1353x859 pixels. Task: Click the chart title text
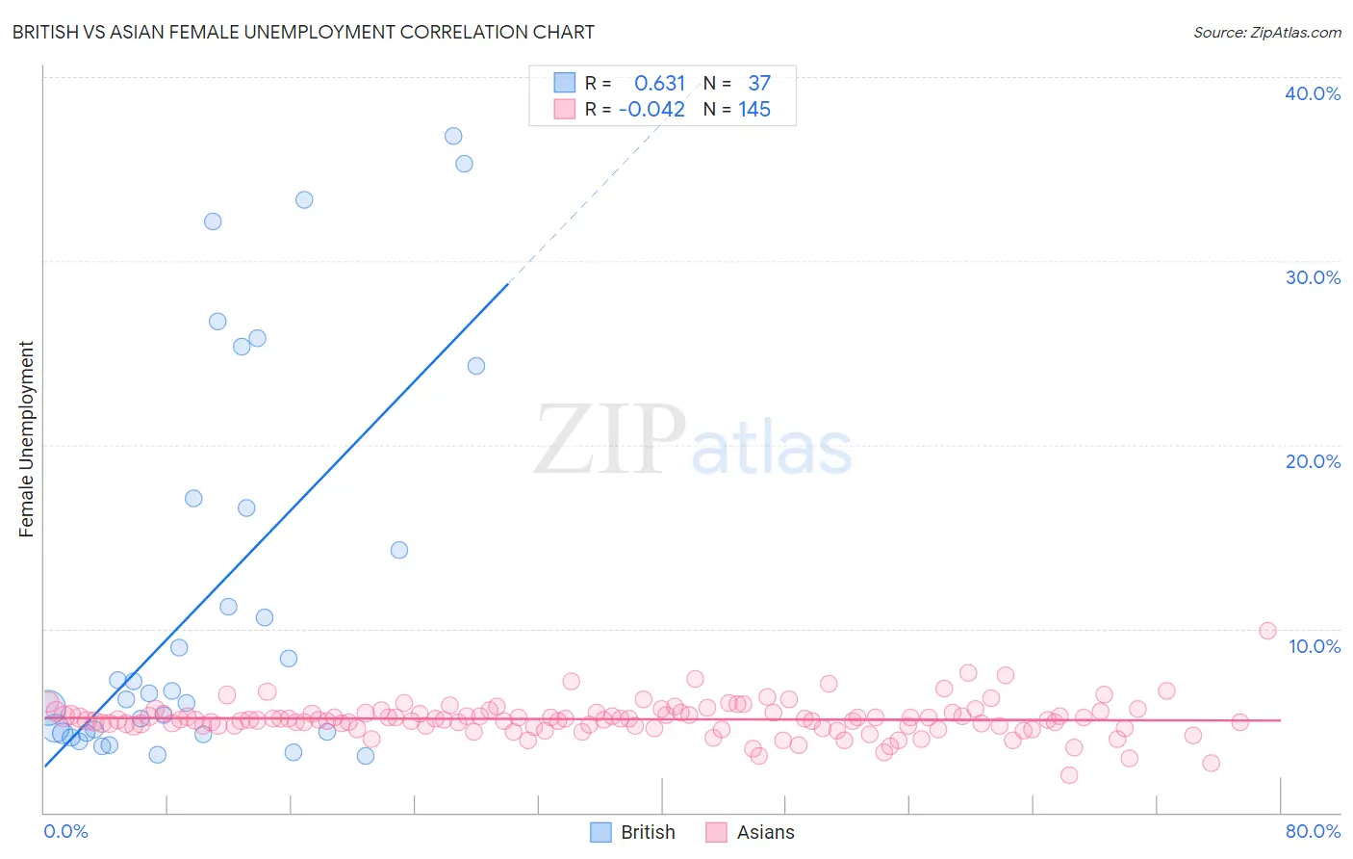pos(303,32)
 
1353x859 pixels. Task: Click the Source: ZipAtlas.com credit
pos(1266,32)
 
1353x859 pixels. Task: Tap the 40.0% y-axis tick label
pos(1313,93)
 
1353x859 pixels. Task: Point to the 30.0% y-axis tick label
pos(1313,277)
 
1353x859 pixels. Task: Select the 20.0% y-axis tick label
pos(1313,461)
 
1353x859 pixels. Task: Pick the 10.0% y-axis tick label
pos(1315,646)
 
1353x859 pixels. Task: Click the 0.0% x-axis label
pos(65,831)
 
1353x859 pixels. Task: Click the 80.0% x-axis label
pos(1313,831)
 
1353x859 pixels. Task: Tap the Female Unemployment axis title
pos(26,439)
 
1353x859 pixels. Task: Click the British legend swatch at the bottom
pos(600,832)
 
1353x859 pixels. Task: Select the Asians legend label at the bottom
pos(765,832)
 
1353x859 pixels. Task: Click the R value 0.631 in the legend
pos(659,84)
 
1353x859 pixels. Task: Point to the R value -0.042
pos(651,110)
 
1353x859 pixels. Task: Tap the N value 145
pos(754,110)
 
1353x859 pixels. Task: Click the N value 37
pos(759,84)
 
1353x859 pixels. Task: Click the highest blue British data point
pos(453,136)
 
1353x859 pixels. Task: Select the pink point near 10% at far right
pos(1267,631)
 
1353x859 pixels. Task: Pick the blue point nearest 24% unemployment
pos(476,366)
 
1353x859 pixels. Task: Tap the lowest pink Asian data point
pos(1068,775)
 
